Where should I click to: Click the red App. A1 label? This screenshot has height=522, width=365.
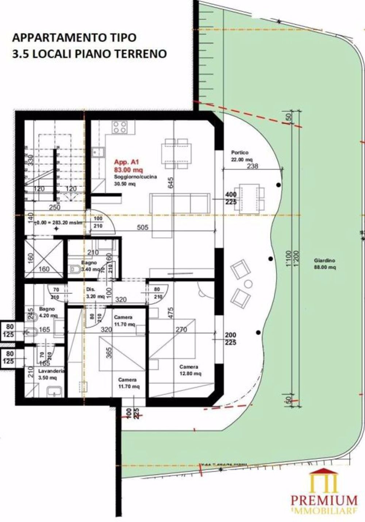pyautogui.click(x=123, y=162)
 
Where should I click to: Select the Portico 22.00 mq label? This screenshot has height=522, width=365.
pyautogui.click(x=241, y=156)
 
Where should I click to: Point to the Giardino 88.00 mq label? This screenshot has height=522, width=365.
pyautogui.click(x=324, y=264)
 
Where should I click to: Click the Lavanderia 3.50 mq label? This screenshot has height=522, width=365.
pyautogui.click(x=51, y=373)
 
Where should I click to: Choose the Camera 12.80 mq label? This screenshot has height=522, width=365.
pyautogui.click(x=189, y=370)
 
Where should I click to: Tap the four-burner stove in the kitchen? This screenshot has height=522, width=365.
pyautogui.click(x=120, y=128)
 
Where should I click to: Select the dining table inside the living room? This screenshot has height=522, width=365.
pyautogui.click(x=177, y=154)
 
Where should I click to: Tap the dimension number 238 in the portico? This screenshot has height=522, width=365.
pyautogui.click(x=252, y=166)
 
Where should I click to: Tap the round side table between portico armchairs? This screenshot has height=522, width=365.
pyautogui.click(x=249, y=283)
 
